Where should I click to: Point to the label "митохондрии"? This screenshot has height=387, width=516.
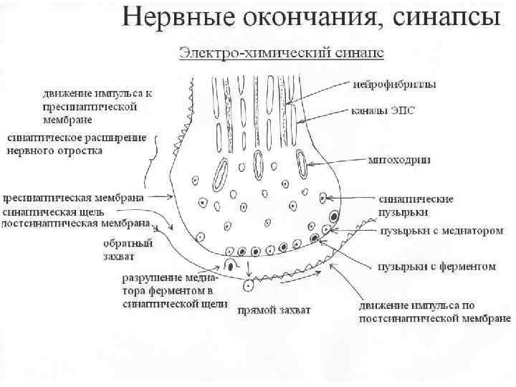[400, 160]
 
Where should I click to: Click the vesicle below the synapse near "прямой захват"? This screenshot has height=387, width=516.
[249, 286]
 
